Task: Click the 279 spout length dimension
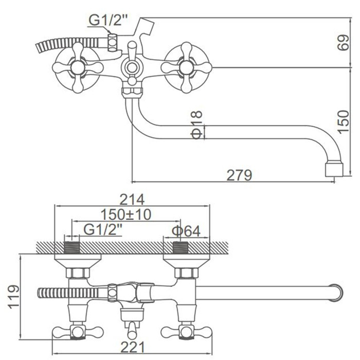(x=239, y=175)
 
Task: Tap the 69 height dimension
(x=343, y=43)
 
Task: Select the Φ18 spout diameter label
(x=197, y=125)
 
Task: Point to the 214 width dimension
(x=132, y=200)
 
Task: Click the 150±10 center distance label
(x=126, y=214)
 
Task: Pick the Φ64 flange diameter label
(x=186, y=231)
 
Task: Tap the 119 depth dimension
(x=14, y=297)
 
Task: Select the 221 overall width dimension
(x=133, y=347)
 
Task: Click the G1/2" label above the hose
(x=107, y=21)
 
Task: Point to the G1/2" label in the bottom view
(x=103, y=229)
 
